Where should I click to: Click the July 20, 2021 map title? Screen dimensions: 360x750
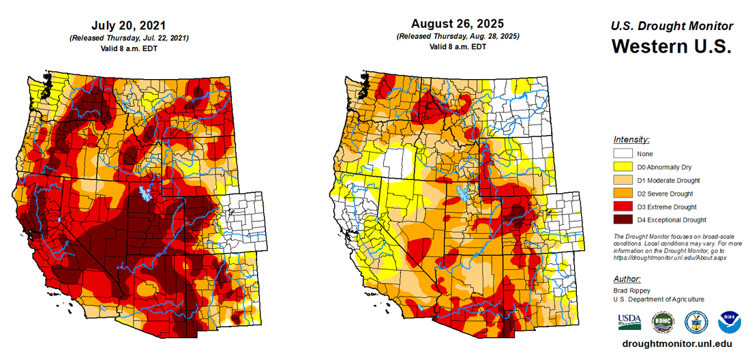129,26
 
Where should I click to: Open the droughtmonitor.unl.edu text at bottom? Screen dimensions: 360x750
673,345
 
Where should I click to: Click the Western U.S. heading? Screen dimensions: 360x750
671,47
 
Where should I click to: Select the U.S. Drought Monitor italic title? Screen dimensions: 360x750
671,26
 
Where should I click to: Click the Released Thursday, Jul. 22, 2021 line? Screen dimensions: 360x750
129,37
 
